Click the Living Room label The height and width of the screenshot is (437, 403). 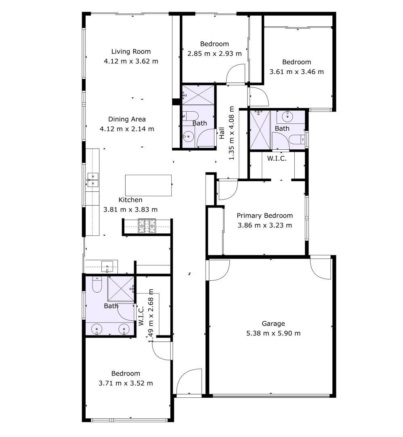[x=131, y=51]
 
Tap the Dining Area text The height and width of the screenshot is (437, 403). [x=127, y=119]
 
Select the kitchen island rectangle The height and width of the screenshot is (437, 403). [x=148, y=185]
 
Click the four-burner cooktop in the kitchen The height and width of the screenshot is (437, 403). [x=147, y=226]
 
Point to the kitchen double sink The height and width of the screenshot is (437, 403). [x=93, y=180]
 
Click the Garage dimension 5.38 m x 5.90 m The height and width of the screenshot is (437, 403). [x=273, y=333]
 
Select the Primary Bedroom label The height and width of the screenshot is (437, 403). [x=264, y=216]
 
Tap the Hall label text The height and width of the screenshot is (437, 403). [x=222, y=134]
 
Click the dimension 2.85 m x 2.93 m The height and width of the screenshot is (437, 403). [x=214, y=53]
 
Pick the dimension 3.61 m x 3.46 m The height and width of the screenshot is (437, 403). [x=296, y=72]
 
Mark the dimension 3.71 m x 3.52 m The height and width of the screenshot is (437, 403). [x=126, y=383]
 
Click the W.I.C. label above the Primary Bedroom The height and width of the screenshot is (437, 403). [x=277, y=159]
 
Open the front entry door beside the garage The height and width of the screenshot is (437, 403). [x=189, y=381]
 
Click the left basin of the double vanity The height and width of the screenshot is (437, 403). [x=97, y=329]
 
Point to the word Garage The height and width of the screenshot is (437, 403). [x=273, y=323]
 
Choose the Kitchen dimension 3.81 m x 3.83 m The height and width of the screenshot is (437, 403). [x=130, y=210]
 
